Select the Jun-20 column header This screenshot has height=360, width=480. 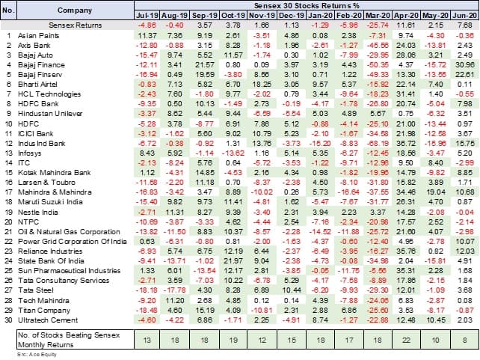(x=463, y=15)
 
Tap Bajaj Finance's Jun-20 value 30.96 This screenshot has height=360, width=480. (x=463, y=67)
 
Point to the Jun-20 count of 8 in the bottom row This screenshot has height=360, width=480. (x=463, y=341)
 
